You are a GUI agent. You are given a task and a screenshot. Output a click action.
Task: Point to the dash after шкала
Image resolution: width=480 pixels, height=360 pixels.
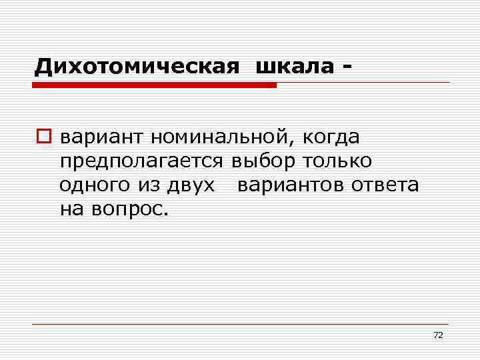point(345,67)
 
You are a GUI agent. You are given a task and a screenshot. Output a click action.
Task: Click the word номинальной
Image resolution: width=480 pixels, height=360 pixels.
point(220,138)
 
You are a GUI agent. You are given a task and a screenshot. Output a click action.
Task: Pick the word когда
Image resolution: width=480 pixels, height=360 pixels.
point(331,138)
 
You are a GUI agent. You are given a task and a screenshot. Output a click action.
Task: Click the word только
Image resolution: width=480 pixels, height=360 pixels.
point(338,161)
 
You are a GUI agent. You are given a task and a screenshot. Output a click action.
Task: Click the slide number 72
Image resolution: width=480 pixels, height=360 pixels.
point(438,335)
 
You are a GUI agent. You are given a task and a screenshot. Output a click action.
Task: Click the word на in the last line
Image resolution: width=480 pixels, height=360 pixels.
point(69,209)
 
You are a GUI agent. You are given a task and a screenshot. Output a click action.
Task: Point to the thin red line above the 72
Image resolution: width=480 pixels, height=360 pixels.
point(240,324)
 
